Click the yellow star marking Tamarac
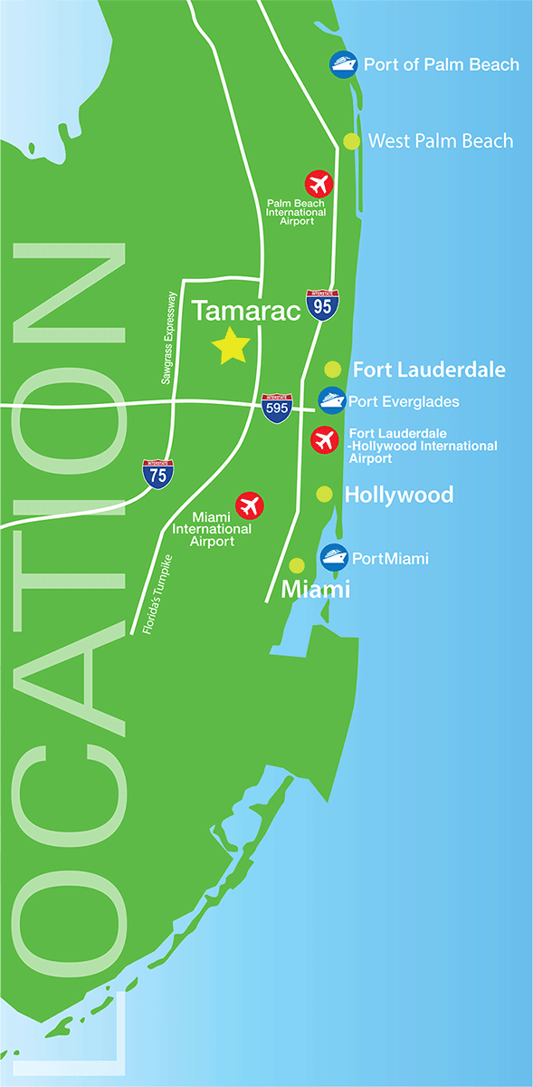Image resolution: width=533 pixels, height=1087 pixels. point(230,346)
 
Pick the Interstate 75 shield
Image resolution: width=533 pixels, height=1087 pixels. point(159,474)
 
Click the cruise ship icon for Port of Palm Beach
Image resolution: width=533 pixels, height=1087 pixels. point(343,64)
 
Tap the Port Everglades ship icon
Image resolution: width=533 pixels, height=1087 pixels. point(331,400)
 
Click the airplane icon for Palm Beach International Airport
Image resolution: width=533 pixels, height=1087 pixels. point(319,184)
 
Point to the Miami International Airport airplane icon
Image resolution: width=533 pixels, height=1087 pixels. point(248,505)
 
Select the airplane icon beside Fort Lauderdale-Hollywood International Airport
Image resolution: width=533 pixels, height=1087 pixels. point(324,440)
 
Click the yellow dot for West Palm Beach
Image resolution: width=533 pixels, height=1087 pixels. point(351,141)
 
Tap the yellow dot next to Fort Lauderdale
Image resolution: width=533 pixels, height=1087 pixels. point(332,369)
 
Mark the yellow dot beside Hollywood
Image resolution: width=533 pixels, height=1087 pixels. point(324,494)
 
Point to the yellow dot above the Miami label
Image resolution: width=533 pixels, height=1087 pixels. point(296,565)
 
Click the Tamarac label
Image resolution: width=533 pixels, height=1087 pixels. point(246,312)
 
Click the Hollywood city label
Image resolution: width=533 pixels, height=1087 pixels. point(399,495)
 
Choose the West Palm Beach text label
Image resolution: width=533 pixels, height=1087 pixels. point(441,141)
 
